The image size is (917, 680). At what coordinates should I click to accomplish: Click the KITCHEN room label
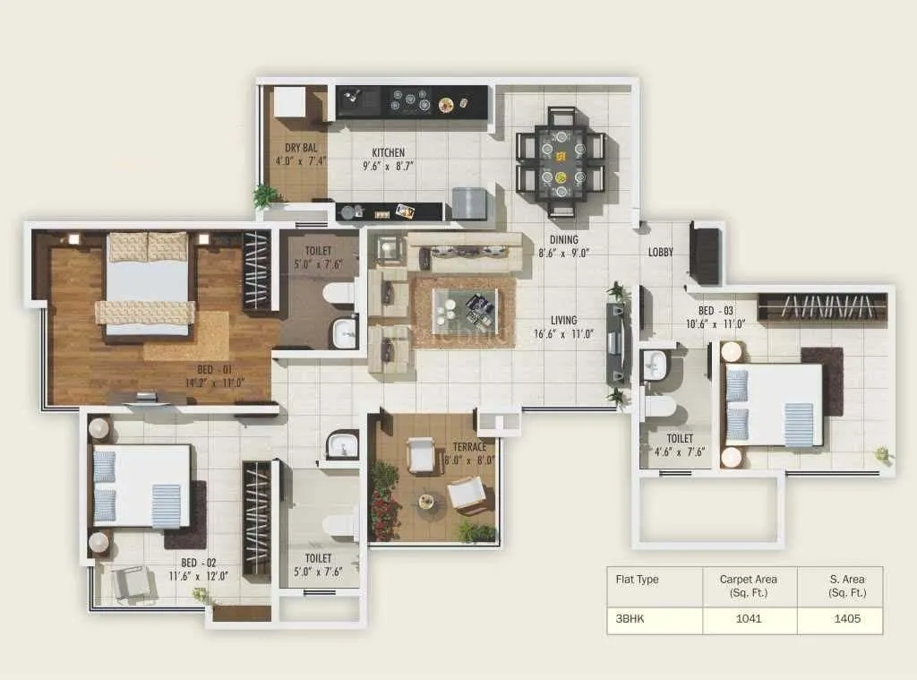388,152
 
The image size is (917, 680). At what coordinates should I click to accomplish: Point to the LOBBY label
661,253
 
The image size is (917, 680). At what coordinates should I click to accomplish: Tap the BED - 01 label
214,368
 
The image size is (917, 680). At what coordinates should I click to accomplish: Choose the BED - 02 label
199,563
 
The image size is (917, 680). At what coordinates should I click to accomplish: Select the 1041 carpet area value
748,619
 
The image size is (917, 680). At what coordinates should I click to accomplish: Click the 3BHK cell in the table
630,619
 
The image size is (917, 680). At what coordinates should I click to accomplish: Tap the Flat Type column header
637,580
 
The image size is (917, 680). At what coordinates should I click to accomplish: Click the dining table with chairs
561,162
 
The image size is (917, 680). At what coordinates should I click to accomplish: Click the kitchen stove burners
411,100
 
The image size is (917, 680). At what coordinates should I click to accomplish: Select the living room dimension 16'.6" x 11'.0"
564,334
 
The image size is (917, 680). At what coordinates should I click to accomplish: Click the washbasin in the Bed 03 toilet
654,364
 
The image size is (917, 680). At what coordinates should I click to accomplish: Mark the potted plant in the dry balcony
266,195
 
